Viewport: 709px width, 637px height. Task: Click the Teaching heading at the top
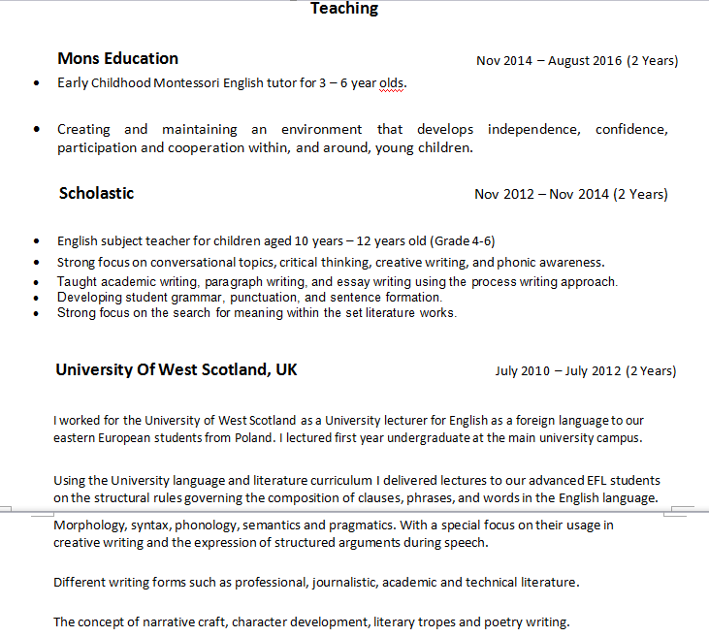pos(344,9)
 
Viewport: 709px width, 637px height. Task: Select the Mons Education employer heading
pos(117,58)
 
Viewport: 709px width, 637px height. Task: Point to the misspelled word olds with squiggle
pos(392,82)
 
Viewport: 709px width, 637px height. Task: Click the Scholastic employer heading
pos(96,193)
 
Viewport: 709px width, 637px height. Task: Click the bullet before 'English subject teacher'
pos(36,241)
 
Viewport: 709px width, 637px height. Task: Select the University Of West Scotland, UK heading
pos(177,369)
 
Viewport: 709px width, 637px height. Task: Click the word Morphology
pos(88,525)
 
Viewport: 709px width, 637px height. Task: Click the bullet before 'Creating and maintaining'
pos(36,129)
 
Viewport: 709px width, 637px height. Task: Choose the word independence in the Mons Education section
pos(533,129)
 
